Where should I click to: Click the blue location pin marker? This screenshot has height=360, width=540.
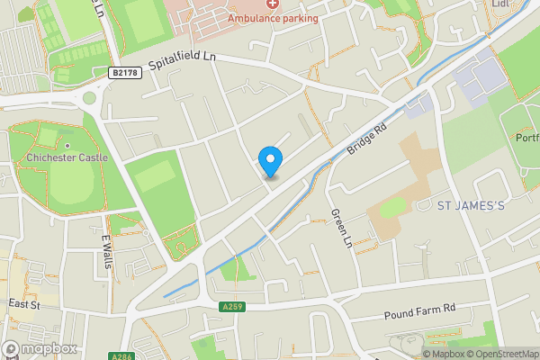[x=270, y=161]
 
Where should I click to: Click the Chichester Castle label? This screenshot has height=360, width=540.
[x=67, y=157]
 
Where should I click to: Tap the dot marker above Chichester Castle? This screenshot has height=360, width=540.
[x=67, y=145]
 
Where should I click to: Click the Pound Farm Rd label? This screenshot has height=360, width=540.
[x=419, y=310]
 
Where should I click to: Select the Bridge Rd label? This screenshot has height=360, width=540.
[x=367, y=139]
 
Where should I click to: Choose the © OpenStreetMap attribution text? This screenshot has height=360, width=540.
[x=503, y=354]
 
